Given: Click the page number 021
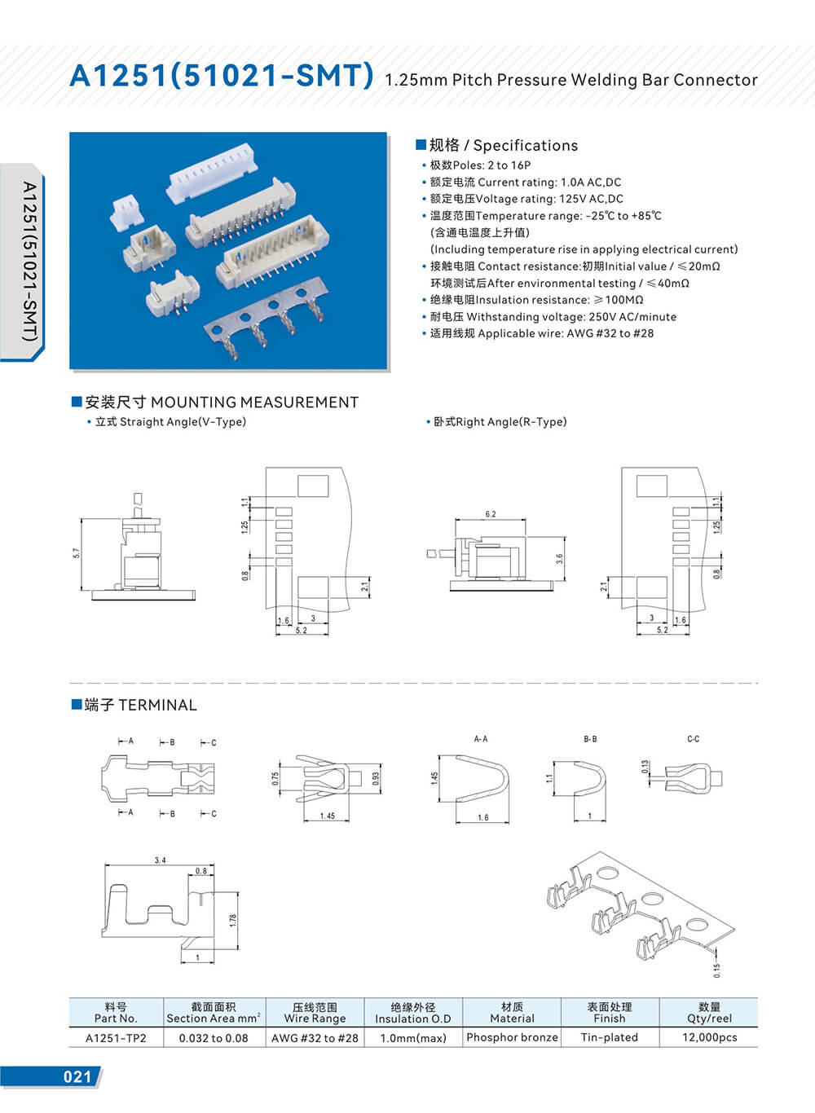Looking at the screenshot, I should [77, 1076].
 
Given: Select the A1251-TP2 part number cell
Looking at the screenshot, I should [116, 1037].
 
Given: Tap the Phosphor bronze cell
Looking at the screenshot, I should [512, 1037].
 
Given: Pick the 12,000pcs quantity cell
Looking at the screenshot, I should [709, 1037].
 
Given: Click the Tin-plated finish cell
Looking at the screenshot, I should [609, 1037].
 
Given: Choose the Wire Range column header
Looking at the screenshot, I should [315, 1012].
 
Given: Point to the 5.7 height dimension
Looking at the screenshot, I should [77, 553].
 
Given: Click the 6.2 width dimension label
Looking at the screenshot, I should [490, 514].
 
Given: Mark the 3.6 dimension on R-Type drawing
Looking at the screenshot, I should [559, 560].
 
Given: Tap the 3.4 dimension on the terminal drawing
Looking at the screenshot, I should [160, 860].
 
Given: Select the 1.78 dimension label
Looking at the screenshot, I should [233, 920].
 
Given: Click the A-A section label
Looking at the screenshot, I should [481, 739].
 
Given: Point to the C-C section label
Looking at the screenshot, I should [693, 739].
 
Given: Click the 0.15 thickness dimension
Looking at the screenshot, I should [716, 970].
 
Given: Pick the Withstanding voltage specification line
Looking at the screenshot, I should [553, 316].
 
